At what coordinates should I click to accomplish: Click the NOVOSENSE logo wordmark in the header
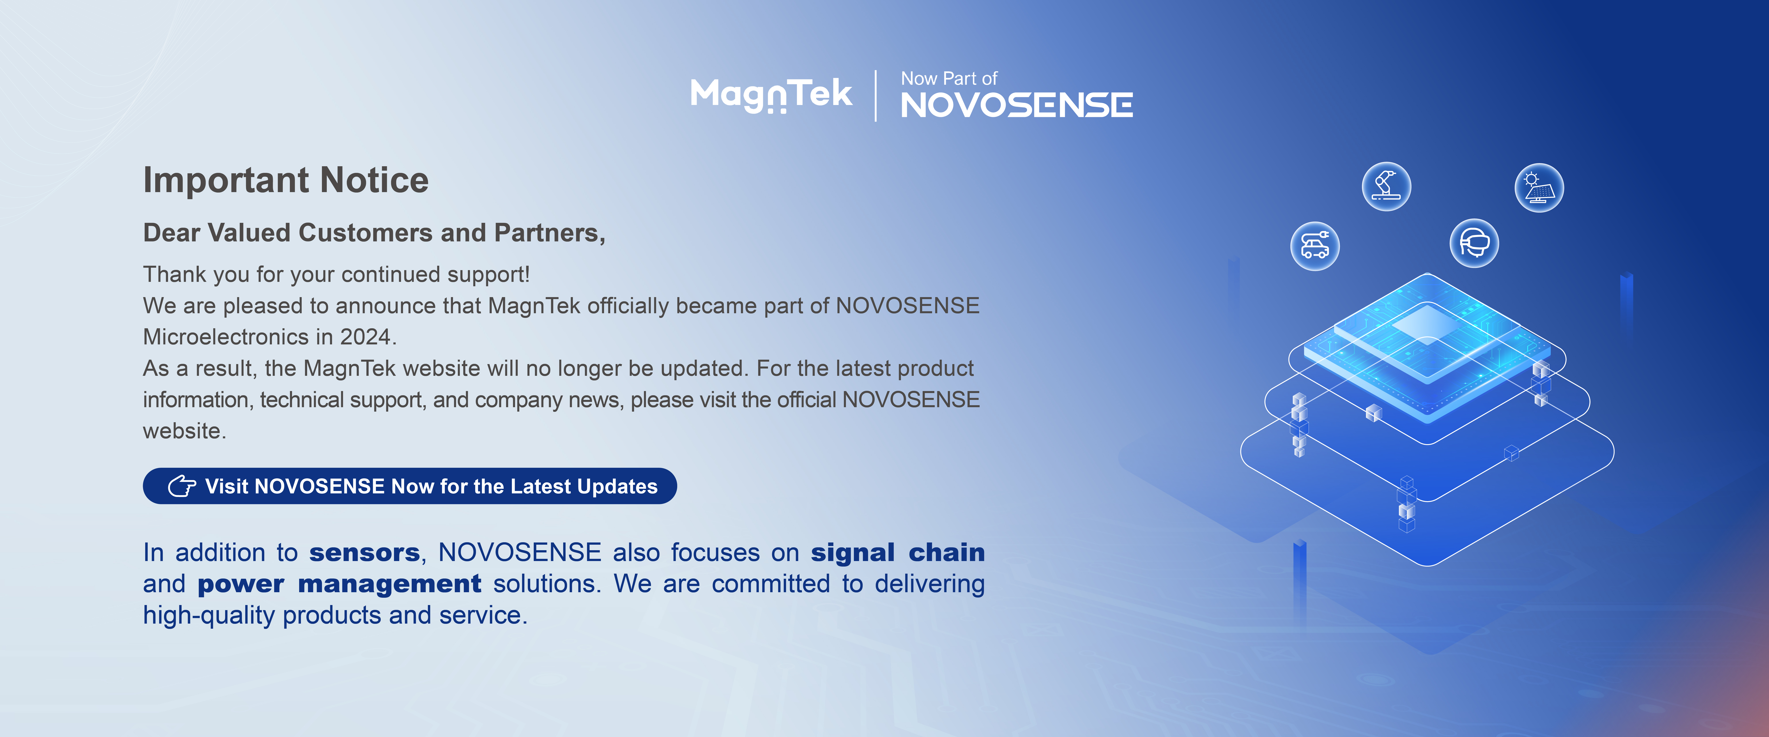(x=1016, y=105)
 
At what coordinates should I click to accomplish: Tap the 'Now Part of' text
(x=949, y=78)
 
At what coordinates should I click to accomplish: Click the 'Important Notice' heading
(x=286, y=180)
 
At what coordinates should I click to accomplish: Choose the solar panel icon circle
(x=1539, y=187)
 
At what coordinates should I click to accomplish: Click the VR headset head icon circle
(x=1474, y=242)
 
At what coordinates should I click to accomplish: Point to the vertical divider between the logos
(x=876, y=95)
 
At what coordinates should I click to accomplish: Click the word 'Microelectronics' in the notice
(x=226, y=337)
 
